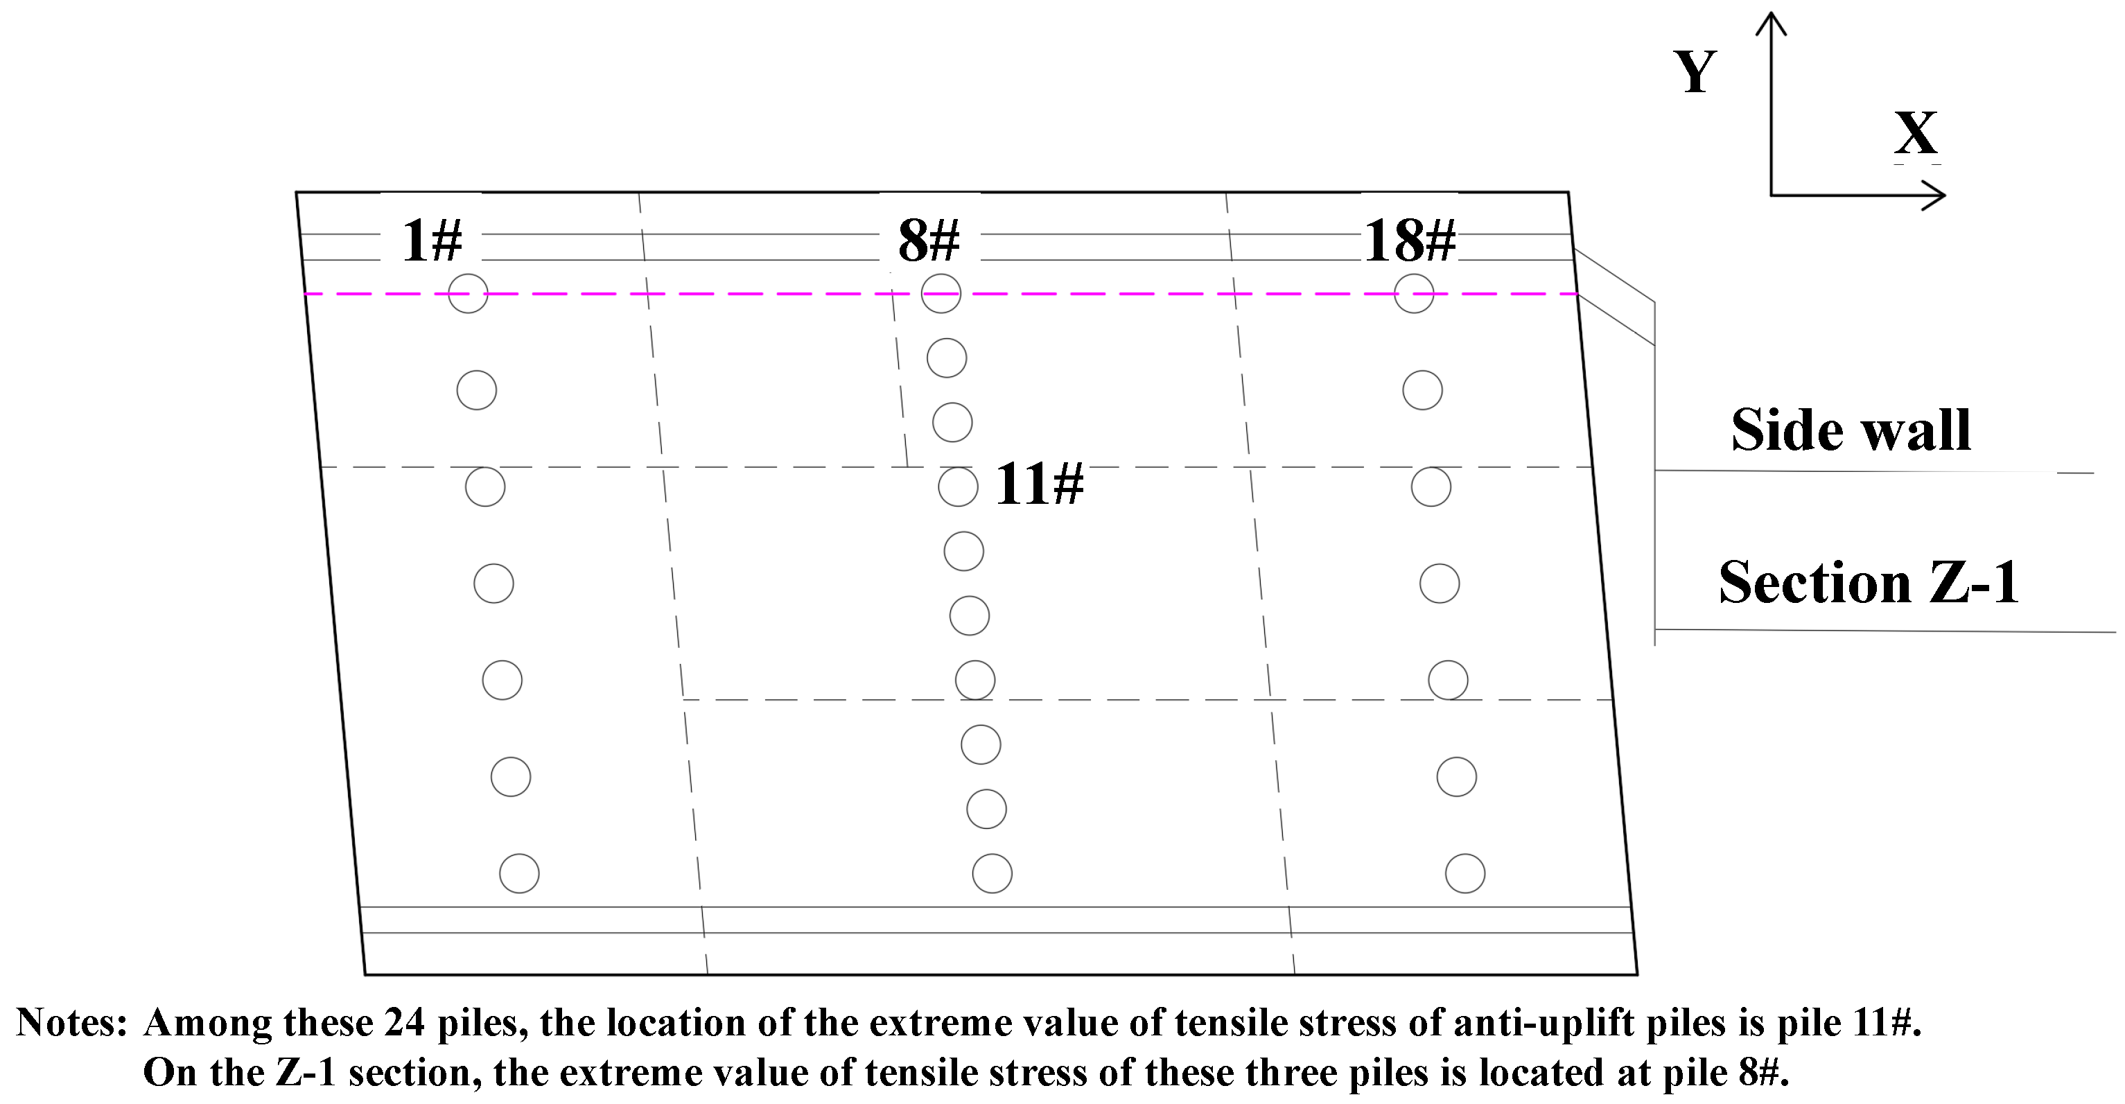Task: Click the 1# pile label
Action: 431,241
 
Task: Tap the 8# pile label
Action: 929,241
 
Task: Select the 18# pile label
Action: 1410,241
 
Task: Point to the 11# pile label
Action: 1038,484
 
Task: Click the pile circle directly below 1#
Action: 468,293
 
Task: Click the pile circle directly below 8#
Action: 941,293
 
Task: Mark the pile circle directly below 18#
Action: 1414,293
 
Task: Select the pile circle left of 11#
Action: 958,487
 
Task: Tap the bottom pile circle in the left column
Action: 519,873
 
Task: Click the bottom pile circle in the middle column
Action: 992,873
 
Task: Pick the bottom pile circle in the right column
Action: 1465,873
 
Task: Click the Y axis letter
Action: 1695,72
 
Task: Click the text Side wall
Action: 1851,430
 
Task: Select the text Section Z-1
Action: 1869,583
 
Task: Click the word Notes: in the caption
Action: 72,1023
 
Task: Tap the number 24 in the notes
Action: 404,1023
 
